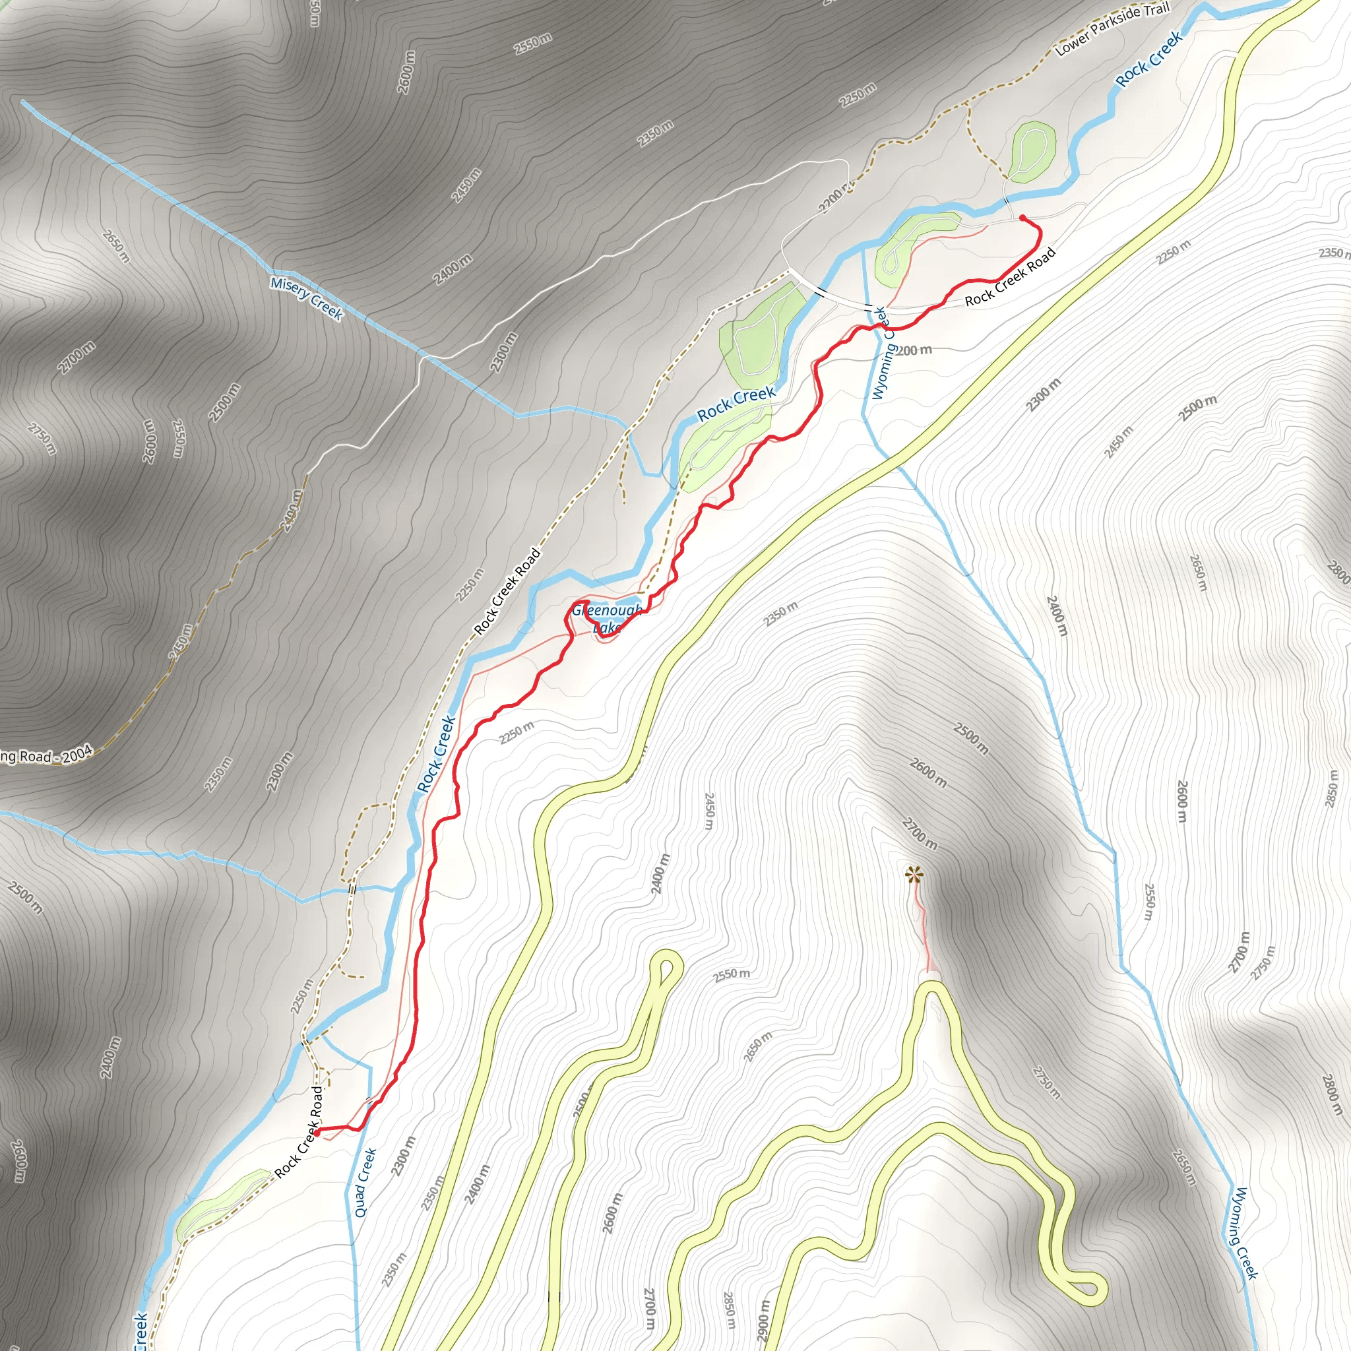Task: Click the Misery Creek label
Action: [306, 299]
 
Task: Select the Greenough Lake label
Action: [606, 619]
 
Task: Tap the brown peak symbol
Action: [912, 873]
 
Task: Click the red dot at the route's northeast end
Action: [1023, 218]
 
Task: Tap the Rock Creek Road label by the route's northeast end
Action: [1010, 278]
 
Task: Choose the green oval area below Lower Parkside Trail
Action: [1032, 149]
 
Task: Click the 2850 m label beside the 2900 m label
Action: [730, 1309]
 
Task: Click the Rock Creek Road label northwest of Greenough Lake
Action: [507, 592]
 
